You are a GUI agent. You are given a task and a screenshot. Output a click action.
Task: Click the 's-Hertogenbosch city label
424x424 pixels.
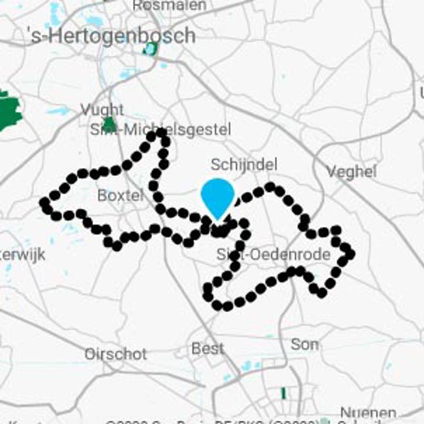tap(111, 36)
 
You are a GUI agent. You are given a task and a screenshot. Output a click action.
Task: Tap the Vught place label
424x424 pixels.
tap(102, 110)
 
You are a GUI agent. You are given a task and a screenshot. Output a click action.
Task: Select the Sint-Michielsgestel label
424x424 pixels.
tap(160, 129)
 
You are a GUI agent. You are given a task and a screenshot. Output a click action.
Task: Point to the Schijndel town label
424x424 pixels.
tap(244, 164)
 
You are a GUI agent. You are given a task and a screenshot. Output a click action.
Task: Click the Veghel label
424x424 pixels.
tap(351, 171)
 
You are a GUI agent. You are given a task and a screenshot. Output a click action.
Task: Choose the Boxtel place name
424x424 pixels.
tap(120, 196)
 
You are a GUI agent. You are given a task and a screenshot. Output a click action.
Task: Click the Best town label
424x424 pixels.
tap(207, 348)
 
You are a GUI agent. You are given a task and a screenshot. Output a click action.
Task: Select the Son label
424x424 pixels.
tap(305, 344)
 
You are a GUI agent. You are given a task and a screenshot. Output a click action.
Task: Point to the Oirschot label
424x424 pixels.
tap(116, 354)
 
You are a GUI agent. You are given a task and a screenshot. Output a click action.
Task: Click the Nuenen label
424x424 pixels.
tap(368, 413)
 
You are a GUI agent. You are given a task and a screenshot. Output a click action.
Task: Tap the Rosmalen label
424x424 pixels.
tap(169, 5)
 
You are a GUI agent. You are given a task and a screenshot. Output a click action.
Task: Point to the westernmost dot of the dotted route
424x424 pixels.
tap(45, 202)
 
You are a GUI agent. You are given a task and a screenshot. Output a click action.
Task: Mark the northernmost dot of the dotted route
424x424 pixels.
tap(152, 136)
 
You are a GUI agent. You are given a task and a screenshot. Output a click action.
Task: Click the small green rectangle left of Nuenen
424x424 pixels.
tap(283, 393)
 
